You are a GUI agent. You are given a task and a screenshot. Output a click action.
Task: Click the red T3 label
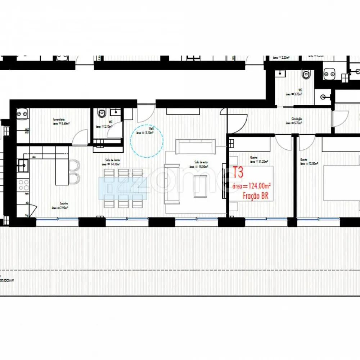pyautogui.click(x=238, y=173)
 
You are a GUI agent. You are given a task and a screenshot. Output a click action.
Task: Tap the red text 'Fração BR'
pyautogui.click(x=256, y=196)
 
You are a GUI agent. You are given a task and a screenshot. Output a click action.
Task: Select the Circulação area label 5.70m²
pyautogui.click(x=296, y=123)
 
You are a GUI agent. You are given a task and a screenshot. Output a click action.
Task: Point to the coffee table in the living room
pyautogui.click(x=200, y=186)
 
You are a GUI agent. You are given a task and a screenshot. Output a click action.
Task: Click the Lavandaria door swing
pyautogui.click(x=77, y=139)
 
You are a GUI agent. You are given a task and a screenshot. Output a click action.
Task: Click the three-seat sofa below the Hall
pyautogui.click(x=195, y=147)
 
